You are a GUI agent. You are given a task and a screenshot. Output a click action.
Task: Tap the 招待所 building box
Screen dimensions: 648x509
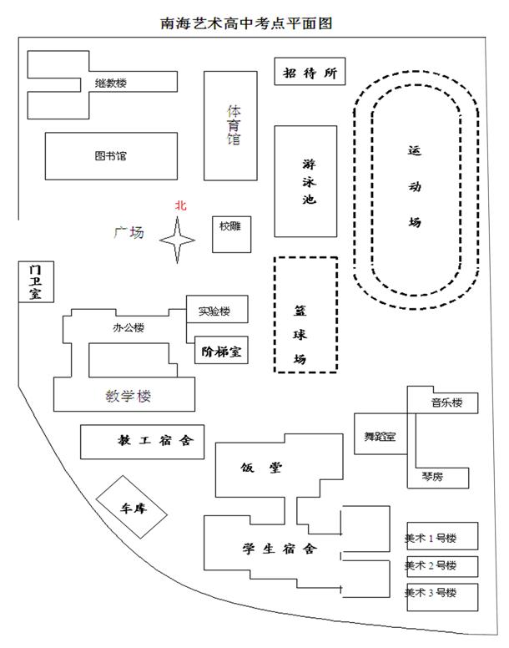click(310, 73)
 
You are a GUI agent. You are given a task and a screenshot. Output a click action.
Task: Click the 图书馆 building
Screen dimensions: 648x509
click(110, 156)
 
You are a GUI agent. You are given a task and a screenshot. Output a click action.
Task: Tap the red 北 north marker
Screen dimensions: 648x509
click(179, 205)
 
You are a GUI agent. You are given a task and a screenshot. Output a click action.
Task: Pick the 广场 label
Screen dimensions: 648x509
click(129, 232)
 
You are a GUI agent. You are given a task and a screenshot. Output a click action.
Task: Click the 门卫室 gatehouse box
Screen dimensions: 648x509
click(34, 281)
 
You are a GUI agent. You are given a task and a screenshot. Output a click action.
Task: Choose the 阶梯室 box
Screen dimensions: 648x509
click(220, 352)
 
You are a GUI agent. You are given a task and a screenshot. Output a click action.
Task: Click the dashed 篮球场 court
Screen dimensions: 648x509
click(306, 314)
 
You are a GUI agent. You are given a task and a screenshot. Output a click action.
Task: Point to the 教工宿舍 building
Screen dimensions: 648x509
click(143, 441)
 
